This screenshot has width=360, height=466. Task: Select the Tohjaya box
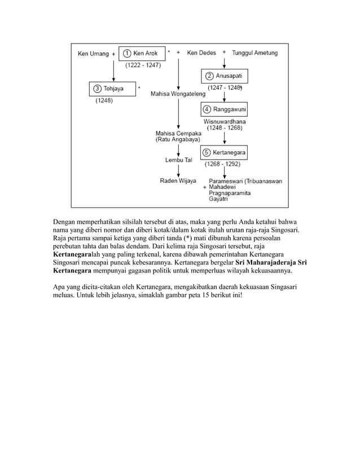[x=113, y=89]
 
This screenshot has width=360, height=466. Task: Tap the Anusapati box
[x=225, y=76]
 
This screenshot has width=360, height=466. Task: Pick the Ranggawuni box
[x=225, y=109]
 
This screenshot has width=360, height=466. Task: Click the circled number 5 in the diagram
[x=207, y=152]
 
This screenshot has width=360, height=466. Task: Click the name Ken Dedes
[x=201, y=53]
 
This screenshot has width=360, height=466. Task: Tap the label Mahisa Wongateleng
[x=178, y=94]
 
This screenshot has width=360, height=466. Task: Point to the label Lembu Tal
[x=179, y=160]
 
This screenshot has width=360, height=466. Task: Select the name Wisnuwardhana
[x=225, y=121]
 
